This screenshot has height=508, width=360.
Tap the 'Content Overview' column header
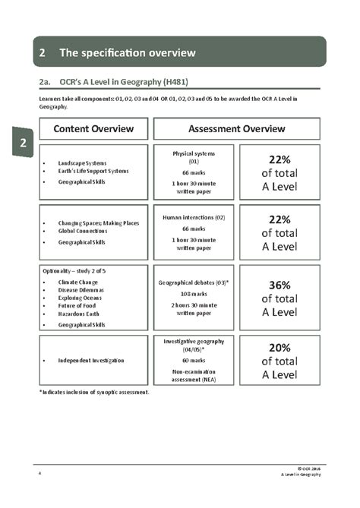tap(93, 129)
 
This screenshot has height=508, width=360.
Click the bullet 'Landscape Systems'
tap(82, 163)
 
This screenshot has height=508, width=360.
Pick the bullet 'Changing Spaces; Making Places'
tap(99, 223)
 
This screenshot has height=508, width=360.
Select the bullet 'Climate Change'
tap(78, 282)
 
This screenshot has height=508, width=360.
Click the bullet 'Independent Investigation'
tap(91, 360)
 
